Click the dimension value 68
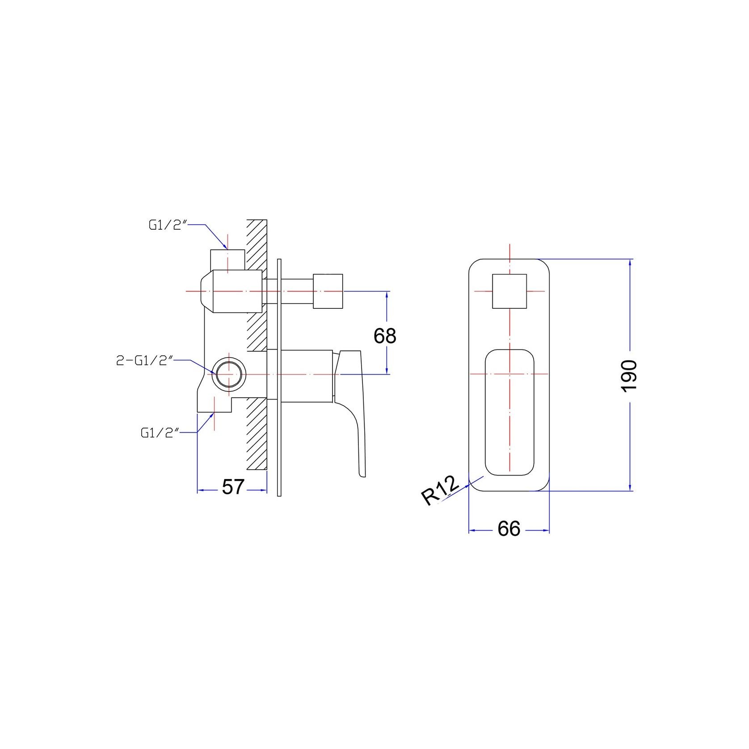[385, 336]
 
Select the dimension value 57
[233, 487]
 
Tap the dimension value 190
[629, 375]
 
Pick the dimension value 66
[509, 529]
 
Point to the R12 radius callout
[440, 490]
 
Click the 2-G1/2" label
[144, 361]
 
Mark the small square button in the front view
[509, 291]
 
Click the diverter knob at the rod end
[328, 291]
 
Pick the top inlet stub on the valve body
[227, 260]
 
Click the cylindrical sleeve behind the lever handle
[308, 375]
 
